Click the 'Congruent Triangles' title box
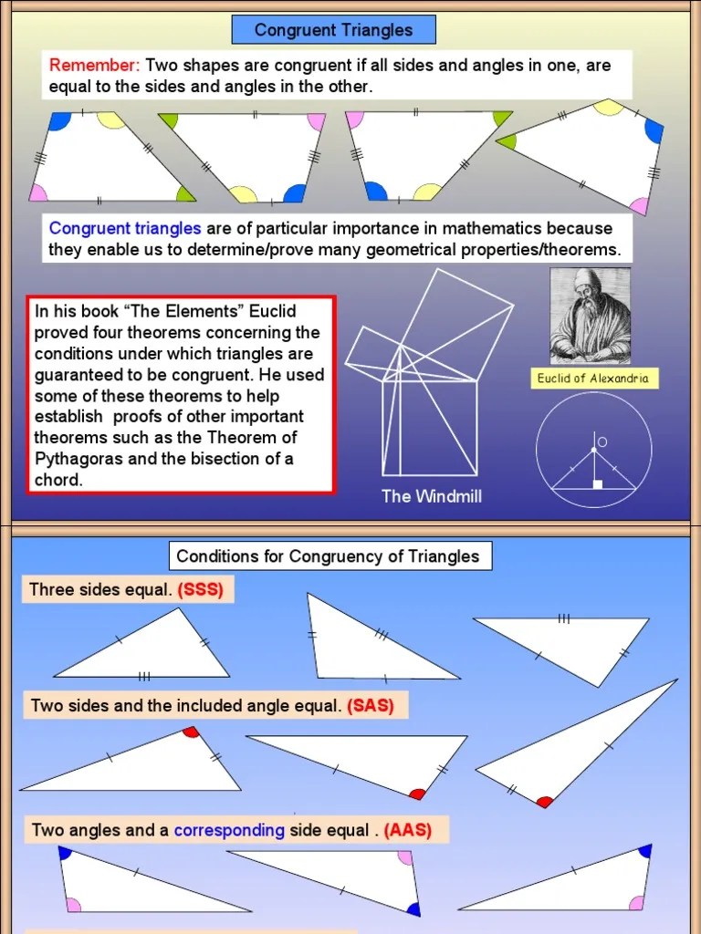tap(333, 30)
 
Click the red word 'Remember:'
tap(95, 66)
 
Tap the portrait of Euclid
tap(590, 316)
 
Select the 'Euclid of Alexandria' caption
tap(596, 379)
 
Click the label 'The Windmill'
tap(432, 496)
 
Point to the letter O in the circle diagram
tap(602, 442)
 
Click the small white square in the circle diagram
tap(598, 484)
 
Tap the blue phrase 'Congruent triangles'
tap(124, 228)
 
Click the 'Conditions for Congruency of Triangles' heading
tap(328, 556)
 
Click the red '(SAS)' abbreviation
tap(371, 706)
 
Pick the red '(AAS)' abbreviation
tap(407, 831)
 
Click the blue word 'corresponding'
tap(229, 831)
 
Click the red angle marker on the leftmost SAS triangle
tap(191, 732)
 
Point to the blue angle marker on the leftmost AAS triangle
tap(65, 854)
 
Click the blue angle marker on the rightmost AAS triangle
tap(645, 851)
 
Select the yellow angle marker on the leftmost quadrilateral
tap(110, 119)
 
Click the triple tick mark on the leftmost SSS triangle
tap(144, 676)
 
